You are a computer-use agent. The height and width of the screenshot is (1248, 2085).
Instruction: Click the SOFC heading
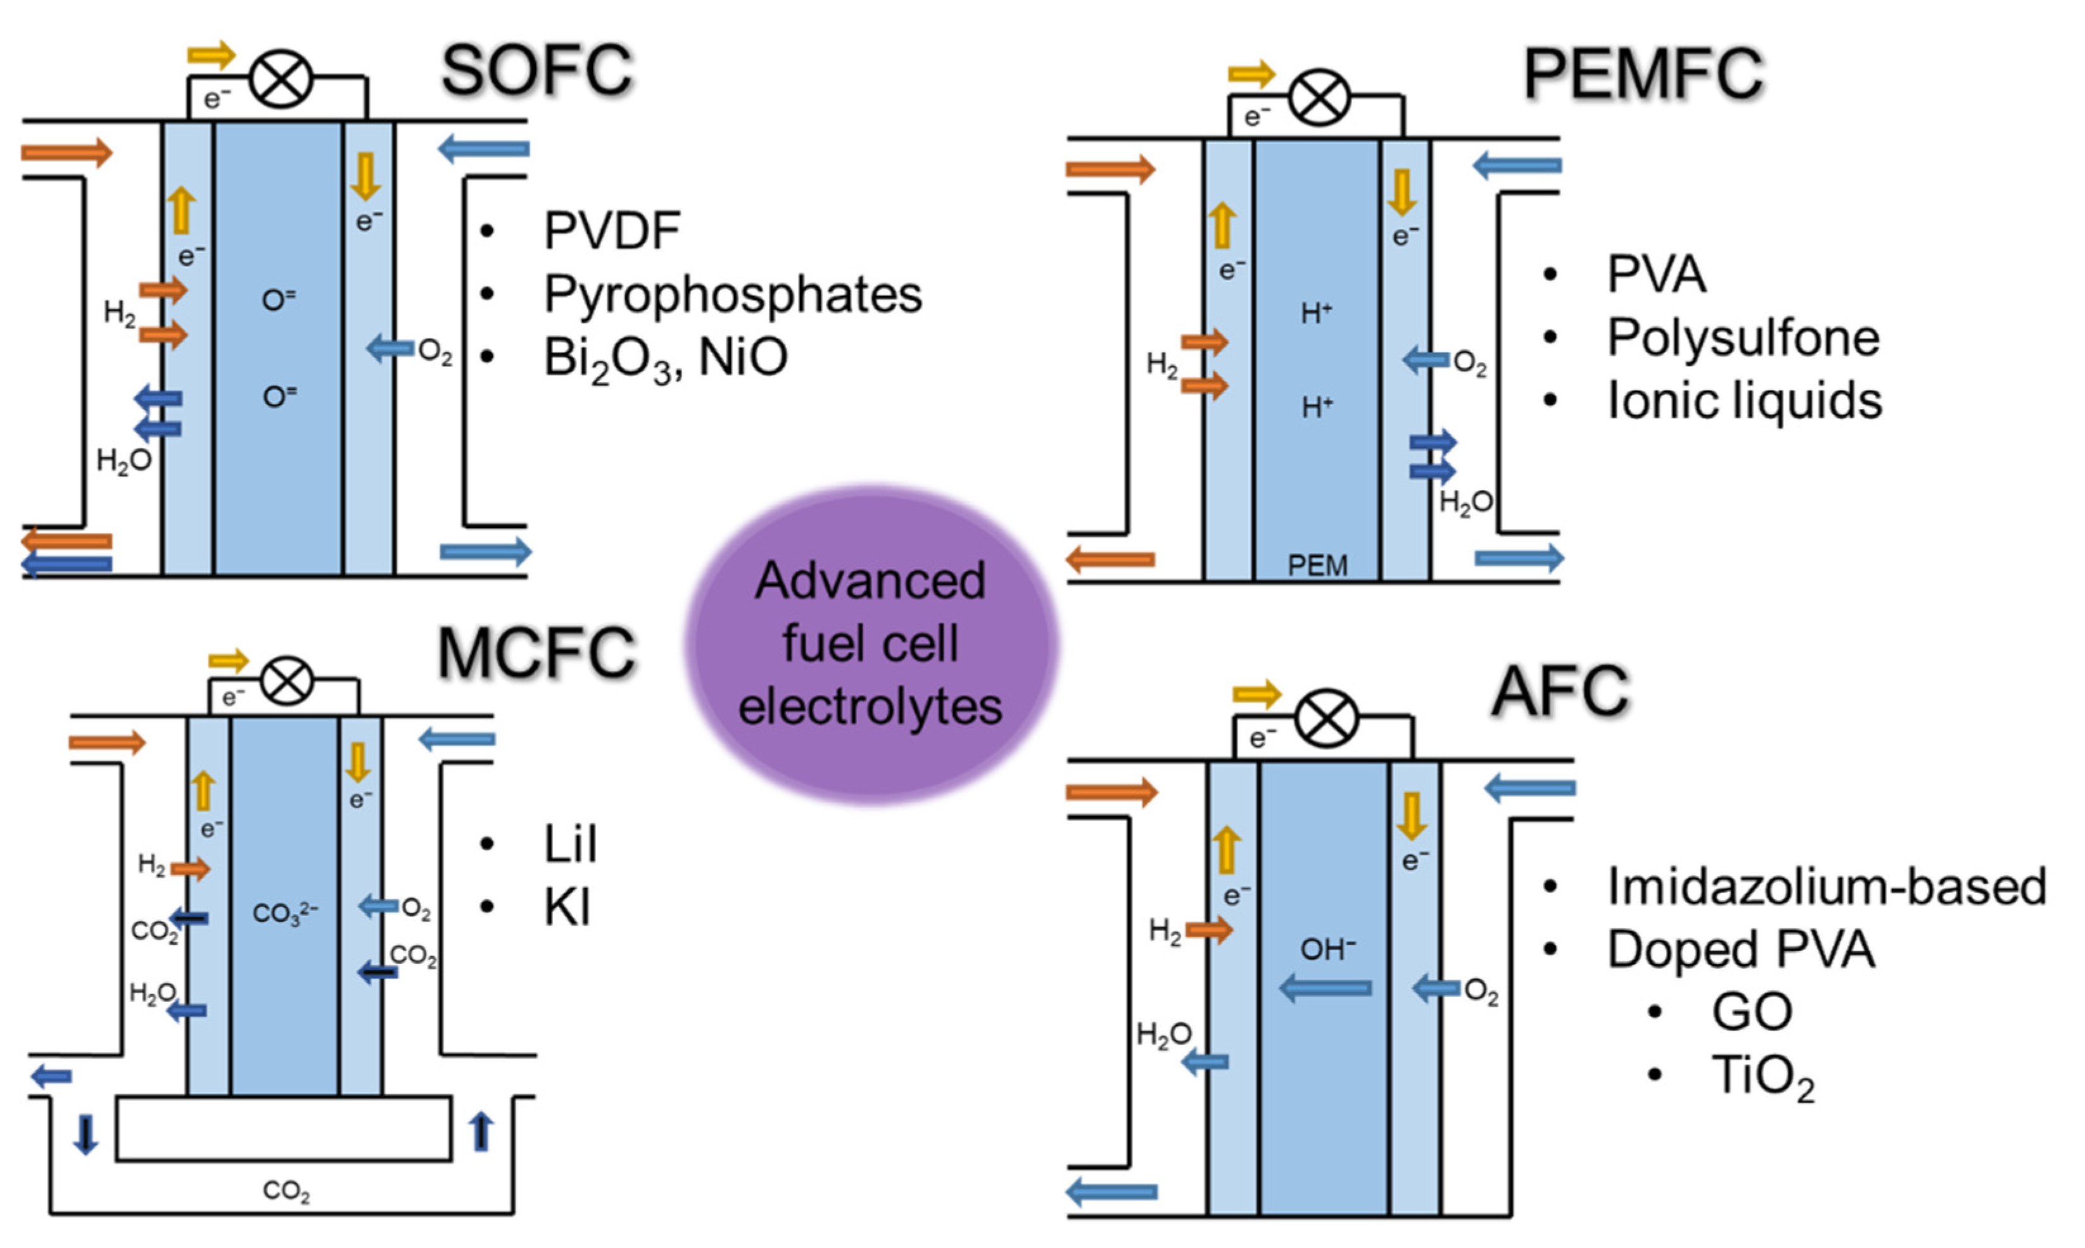click(537, 72)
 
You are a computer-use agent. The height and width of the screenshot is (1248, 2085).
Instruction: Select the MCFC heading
click(536, 654)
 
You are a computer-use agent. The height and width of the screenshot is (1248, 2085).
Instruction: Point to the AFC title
click(1560, 691)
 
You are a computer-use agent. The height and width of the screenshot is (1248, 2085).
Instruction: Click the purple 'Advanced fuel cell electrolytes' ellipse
click(870, 644)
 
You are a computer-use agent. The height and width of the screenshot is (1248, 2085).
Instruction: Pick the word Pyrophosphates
click(732, 294)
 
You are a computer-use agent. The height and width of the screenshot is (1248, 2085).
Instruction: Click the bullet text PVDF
click(612, 230)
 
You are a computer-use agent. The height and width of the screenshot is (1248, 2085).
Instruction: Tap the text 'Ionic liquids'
click(1744, 401)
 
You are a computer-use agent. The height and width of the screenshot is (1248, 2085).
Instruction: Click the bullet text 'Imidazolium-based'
click(1826, 887)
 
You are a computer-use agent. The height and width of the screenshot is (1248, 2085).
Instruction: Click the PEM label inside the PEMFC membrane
click(1317, 565)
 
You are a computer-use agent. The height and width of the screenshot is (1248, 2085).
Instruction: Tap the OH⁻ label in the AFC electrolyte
click(1327, 949)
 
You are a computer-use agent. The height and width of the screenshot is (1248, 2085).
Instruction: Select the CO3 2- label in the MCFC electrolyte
click(284, 913)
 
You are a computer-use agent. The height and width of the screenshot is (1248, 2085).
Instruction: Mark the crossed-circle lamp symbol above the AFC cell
click(1326, 719)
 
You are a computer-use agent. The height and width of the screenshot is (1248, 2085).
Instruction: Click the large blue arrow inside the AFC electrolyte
click(1325, 988)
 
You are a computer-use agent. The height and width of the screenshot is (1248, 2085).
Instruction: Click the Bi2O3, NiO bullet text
click(665, 358)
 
